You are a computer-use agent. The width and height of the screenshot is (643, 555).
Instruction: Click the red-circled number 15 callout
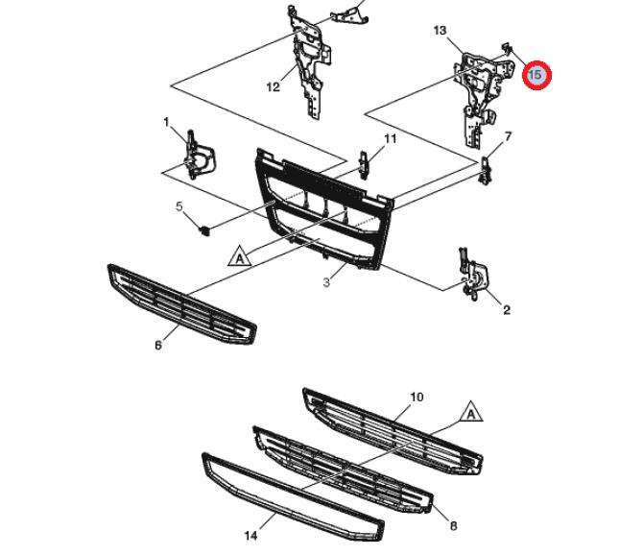[x=536, y=74]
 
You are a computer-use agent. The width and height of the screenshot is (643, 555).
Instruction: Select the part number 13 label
[x=441, y=31]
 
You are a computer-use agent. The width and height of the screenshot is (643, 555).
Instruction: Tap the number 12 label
[x=274, y=87]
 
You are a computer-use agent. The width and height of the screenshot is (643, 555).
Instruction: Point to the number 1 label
[x=166, y=122]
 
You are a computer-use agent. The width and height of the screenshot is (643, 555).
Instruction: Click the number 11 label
[x=390, y=139]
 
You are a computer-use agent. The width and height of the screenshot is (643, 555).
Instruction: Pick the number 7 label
[x=508, y=136]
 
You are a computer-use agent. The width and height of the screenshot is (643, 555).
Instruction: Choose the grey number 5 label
[x=178, y=206]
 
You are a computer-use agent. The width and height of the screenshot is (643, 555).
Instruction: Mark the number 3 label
[x=326, y=282]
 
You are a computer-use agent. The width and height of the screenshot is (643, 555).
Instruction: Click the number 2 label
[x=506, y=309]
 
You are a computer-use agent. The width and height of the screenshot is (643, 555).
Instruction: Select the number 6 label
[x=158, y=346]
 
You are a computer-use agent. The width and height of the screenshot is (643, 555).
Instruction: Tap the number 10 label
[x=417, y=397]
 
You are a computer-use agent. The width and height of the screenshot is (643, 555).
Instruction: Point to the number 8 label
[x=453, y=526]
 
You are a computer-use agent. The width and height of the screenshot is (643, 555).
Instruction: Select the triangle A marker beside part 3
[x=238, y=256]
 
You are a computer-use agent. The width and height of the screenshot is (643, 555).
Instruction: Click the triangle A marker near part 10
[x=469, y=413]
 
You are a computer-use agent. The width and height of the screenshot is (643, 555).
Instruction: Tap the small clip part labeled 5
[x=204, y=229]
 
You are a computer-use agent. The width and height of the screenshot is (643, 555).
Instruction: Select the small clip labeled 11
[x=365, y=163]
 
